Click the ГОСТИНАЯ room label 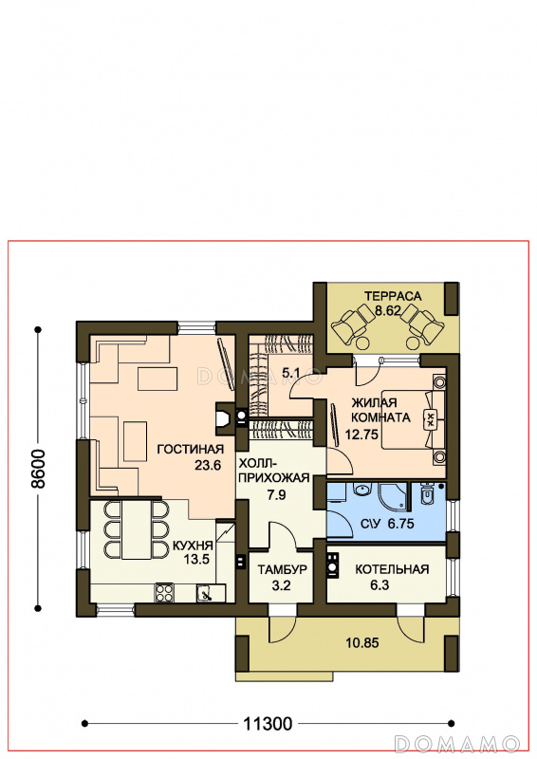point(191,449)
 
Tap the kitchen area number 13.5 point(196,560)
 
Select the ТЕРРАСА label point(393,296)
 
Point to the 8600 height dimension point(37,469)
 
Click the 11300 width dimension point(268,724)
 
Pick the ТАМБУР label point(283,570)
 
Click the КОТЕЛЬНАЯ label point(392,569)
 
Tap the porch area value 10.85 point(362,643)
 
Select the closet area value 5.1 point(291,373)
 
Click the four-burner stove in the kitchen point(164,592)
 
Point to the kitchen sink point(206,592)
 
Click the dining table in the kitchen point(137,529)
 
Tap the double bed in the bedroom point(413,419)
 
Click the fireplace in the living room point(224,417)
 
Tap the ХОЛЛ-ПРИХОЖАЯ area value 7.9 point(276,494)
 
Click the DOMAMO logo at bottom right point(457,744)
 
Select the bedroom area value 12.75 point(361,434)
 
